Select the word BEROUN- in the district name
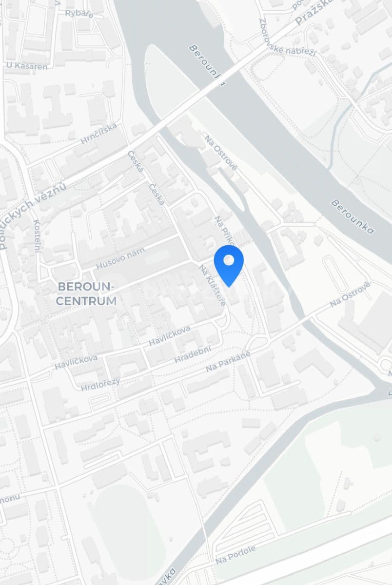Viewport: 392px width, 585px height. pos(86,285)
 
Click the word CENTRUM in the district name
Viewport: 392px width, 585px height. pos(86,301)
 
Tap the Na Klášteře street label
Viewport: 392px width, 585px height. pos(213,285)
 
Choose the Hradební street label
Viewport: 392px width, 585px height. pos(193,355)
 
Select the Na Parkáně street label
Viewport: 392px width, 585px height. pos(228,361)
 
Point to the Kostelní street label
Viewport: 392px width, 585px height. pos(37,236)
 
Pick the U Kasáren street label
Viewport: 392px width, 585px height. pos(27,66)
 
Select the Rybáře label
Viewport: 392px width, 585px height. pos(79,13)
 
